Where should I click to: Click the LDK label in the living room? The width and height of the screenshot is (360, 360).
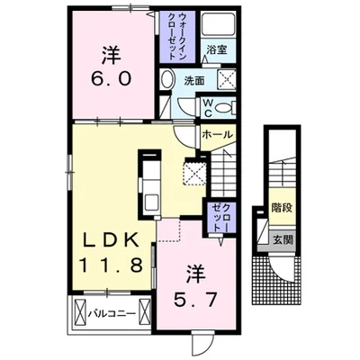112,240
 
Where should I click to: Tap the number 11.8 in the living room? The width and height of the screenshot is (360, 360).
110,265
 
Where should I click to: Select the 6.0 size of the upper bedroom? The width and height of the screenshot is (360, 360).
112,79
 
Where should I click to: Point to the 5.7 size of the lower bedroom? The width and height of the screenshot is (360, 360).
195,300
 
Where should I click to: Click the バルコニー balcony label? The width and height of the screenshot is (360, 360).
112,314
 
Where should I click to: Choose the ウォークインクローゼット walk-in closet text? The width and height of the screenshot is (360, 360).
177,36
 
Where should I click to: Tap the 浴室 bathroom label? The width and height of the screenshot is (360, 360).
217,49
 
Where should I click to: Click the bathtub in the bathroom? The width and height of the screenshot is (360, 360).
218,24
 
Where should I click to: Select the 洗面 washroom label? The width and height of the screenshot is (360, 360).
194,81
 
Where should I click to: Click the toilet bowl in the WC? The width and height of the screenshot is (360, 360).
224,107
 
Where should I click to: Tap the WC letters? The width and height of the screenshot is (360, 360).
209,108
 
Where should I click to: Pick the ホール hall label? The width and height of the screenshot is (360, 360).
217,134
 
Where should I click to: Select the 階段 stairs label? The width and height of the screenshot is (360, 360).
282,208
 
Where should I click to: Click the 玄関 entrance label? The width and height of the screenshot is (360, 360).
283,239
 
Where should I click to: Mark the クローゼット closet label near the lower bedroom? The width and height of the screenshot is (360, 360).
220,218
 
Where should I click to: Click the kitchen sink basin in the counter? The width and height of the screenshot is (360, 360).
151,203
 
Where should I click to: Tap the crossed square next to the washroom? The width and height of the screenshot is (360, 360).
226,79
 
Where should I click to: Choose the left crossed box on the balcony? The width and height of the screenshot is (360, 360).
80,314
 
